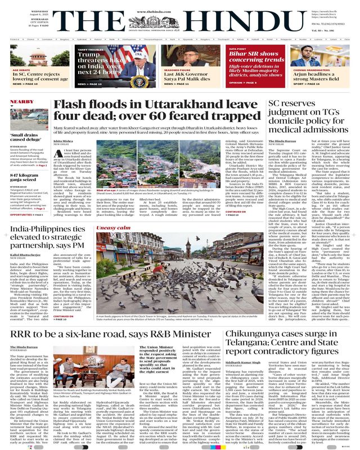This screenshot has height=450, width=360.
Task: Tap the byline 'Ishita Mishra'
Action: tap(64, 141)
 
